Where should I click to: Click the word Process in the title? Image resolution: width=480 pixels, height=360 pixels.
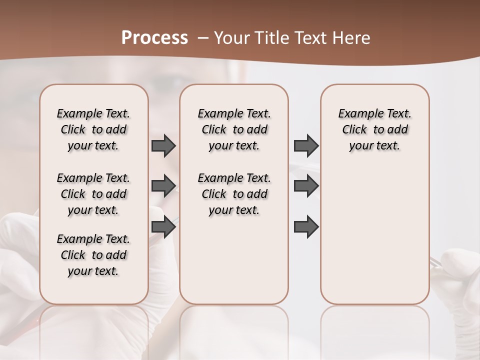[154, 37]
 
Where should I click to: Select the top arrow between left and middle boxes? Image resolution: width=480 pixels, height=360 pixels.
[163, 146]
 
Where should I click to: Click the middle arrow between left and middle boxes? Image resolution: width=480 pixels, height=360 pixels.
[163, 186]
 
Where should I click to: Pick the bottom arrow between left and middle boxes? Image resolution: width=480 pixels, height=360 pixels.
[163, 226]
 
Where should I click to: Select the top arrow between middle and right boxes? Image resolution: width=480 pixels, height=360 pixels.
[306, 146]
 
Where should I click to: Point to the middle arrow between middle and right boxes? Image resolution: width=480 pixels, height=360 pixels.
[306, 186]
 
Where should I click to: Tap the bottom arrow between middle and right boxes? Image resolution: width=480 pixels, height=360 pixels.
[306, 226]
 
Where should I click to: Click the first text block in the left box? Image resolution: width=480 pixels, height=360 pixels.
[93, 129]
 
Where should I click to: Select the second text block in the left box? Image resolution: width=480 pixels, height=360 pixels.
[93, 194]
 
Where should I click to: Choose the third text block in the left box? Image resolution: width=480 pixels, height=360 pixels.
[93, 255]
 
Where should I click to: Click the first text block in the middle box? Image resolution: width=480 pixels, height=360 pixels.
[234, 129]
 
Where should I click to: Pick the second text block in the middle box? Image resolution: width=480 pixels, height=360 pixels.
[234, 194]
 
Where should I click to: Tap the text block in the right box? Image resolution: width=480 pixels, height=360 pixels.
[375, 129]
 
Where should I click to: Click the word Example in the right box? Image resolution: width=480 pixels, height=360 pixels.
[356, 113]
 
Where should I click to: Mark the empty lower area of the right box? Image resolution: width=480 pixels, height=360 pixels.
[375, 235]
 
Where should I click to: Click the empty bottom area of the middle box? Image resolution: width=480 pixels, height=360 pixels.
[234, 265]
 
